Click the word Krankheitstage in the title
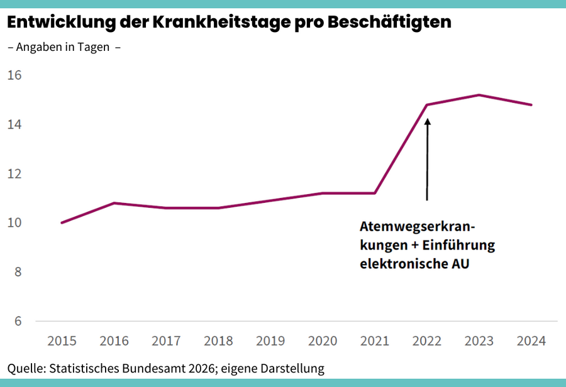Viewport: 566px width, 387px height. pos(218,23)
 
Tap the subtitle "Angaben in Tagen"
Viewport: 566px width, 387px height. pos(62,47)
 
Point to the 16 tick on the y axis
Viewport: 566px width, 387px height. pos(14,75)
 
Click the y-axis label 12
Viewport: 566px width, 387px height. pos(14,174)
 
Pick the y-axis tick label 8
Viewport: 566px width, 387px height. pos(17,272)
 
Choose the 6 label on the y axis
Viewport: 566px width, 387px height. pos(17,321)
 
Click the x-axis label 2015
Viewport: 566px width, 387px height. pos(62,341)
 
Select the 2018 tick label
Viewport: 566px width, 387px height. pos(219,341)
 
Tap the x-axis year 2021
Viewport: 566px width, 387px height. pos(375,341)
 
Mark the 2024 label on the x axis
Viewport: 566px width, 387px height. pos(531,341)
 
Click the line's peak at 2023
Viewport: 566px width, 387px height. pos(479,95)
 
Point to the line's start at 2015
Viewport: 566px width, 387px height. pos(62,223)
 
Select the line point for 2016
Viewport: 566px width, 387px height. pos(114,203)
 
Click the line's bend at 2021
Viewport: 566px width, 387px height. pos(375,193)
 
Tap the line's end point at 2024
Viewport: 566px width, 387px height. pos(531,105)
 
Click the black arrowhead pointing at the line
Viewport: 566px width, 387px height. pos(427,121)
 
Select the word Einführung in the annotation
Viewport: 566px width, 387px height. pos(458,246)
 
